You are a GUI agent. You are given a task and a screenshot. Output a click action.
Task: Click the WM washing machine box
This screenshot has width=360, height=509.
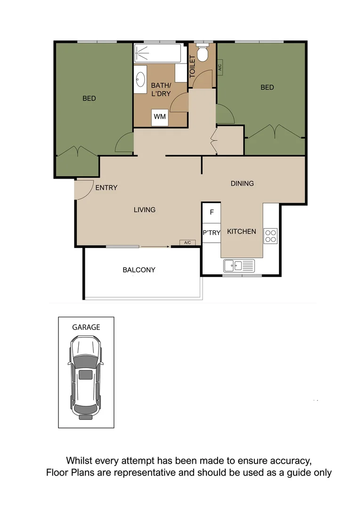[160, 117]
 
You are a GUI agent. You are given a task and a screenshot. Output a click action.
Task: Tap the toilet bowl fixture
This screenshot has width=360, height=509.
[203, 53]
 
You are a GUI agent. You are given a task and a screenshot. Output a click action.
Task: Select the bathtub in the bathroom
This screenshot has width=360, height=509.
[158, 53]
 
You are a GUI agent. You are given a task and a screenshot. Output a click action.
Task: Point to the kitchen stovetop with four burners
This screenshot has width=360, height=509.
[270, 235]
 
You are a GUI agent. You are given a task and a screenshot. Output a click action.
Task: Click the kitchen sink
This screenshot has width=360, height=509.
[239, 266]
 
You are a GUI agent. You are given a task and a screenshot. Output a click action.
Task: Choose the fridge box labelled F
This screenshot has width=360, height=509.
[212, 212]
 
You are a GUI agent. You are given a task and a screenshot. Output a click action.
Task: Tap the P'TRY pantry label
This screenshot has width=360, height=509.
[212, 232]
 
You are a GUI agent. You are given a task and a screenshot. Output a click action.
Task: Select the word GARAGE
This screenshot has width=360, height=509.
[86, 327]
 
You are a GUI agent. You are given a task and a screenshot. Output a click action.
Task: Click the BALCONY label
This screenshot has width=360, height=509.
[139, 270]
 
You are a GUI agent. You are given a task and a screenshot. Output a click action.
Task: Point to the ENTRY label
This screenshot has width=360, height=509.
[106, 188]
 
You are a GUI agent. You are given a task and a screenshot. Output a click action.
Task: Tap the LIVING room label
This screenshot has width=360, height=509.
[144, 210]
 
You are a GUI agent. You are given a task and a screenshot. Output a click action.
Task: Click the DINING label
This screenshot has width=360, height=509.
[242, 183]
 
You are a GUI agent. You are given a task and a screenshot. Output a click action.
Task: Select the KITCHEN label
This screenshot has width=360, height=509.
[242, 231]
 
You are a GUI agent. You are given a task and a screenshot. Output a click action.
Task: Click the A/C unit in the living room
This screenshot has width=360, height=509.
[187, 243]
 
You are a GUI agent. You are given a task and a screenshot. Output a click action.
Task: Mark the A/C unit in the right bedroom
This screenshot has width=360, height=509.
[220, 67]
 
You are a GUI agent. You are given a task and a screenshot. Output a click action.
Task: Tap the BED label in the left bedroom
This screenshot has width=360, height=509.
[89, 98]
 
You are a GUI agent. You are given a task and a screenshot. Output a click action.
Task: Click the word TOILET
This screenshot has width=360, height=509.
[192, 66]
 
